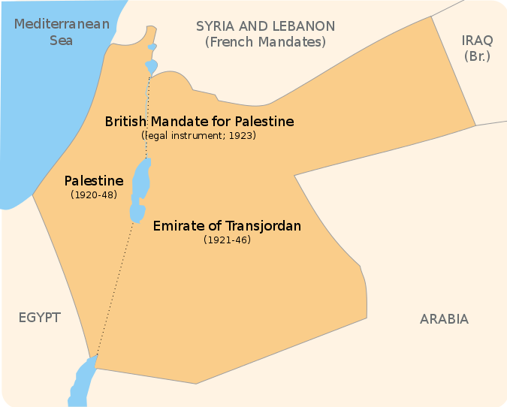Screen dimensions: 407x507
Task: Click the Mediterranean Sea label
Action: [x=61, y=32]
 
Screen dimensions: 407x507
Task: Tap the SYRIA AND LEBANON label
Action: [x=265, y=26]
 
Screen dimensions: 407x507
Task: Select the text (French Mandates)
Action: [x=265, y=42]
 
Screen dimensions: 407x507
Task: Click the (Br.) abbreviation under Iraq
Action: [x=476, y=56]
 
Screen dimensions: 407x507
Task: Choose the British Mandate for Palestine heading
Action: [x=199, y=121]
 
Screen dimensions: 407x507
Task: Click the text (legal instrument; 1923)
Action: [x=199, y=136]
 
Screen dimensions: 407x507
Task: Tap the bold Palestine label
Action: [x=94, y=181]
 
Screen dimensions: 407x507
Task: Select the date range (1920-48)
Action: [x=94, y=194]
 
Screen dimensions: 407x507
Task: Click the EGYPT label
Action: [x=39, y=318]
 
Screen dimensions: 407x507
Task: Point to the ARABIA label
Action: [x=444, y=319]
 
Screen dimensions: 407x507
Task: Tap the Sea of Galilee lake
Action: [x=152, y=67]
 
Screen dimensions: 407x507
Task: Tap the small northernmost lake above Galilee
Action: [x=152, y=47]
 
